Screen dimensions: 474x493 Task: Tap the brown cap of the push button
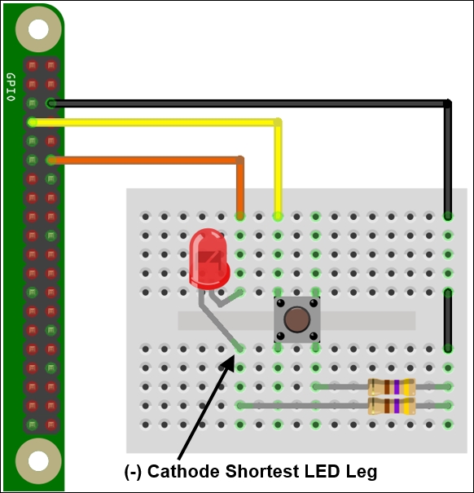(296, 319)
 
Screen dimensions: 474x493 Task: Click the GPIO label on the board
(11, 87)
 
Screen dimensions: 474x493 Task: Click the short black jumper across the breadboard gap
(448, 320)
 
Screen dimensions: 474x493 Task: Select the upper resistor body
(392, 387)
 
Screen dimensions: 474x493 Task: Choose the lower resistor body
(392, 406)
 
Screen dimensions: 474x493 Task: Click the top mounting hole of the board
(38, 29)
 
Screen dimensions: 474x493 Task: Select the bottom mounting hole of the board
(38, 461)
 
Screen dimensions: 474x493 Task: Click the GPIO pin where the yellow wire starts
(32, 122)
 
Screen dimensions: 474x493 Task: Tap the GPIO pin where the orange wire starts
(51, 160)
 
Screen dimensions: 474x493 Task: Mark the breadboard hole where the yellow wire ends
(278, 216)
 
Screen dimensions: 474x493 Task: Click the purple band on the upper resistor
(397, 387)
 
